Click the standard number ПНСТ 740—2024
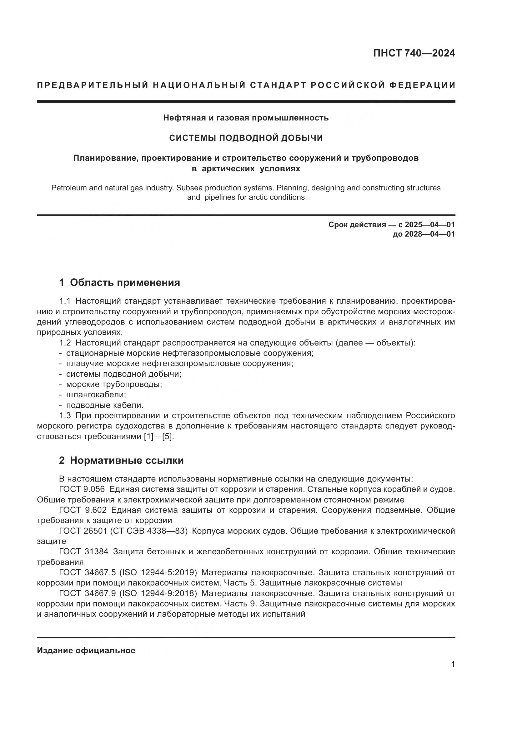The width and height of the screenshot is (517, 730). tap(414, 53)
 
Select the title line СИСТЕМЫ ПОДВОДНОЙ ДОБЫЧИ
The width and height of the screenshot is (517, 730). tap(246, 138)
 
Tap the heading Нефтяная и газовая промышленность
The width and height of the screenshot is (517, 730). tap(246, 118)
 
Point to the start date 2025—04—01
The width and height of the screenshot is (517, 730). tap(429, 225)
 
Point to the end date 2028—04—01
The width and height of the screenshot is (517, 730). tap(429, 234)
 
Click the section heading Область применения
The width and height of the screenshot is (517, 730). tap(125, 282)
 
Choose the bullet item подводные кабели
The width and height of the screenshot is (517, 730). tap(105, 405)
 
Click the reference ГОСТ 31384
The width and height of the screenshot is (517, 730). tap(84, 551)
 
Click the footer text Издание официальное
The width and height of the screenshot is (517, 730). tap(86, 650)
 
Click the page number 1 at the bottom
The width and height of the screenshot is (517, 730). tap(453, 664)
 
